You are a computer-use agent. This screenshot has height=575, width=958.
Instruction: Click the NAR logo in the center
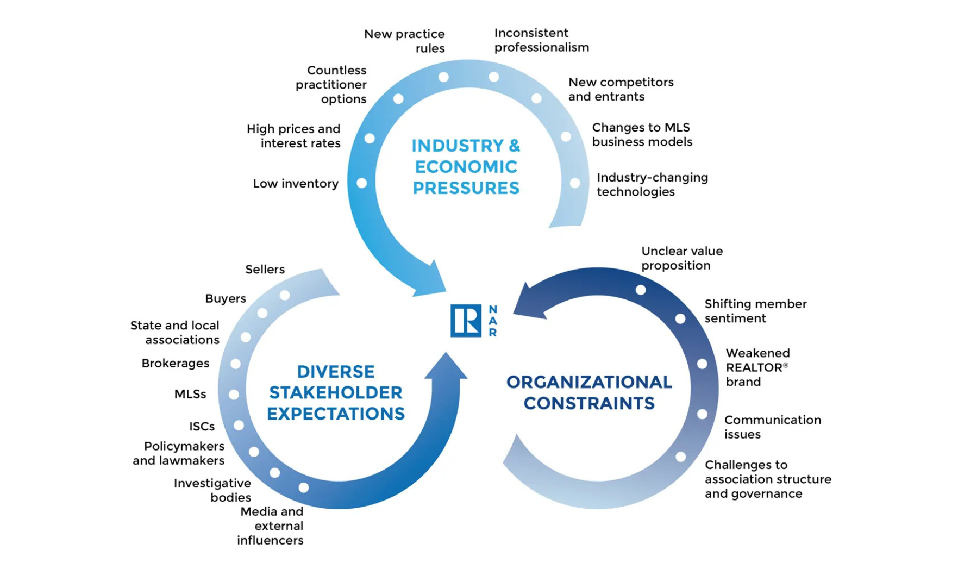pos(473,321)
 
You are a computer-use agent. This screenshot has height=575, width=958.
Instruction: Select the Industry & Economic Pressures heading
pos(466,167)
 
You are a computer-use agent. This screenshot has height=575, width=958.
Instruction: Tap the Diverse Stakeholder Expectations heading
pos(336,392)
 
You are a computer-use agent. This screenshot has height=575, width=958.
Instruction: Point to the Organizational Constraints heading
pos(589,392)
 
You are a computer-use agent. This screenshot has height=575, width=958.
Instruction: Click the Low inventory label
pos(296,184)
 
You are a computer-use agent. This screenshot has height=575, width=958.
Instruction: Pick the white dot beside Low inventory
pos(361,183)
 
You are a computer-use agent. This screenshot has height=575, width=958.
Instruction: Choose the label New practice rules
pos(404,41)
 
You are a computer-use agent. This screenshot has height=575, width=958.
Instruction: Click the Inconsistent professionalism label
pos(541,40)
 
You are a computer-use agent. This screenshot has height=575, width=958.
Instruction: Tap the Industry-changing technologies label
pos(652,184)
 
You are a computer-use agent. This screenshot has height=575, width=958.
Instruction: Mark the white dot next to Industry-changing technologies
pos(575,184)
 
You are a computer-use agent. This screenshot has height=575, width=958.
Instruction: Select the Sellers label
pos(265,270)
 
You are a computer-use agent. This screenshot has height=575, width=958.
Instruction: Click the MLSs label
pos(190,394)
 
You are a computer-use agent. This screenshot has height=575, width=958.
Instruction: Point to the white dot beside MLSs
pos(234,395)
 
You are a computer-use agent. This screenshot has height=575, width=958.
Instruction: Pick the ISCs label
pos(202,427)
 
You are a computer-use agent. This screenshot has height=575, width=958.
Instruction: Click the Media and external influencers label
pos(271,526)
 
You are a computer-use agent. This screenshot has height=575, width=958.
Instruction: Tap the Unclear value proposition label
pos(681,258)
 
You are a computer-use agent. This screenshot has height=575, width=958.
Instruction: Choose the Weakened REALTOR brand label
pos(757,367)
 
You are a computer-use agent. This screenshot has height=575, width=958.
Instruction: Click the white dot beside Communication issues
pos(702,414)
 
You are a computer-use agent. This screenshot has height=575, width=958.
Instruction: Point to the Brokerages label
pos(175,363)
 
